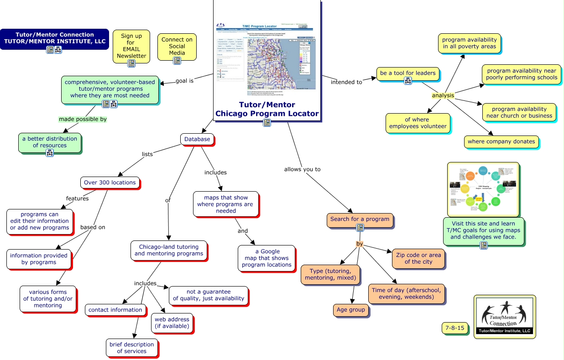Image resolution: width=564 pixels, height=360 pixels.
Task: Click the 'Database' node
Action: (x=197, y=139)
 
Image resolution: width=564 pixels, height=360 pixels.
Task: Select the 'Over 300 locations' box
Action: (x=110, y=183)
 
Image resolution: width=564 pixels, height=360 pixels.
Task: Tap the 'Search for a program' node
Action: (x=360, y=219)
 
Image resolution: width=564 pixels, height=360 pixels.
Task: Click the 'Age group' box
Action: (x=350, y=310)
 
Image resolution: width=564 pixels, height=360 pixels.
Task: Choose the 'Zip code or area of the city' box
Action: (x=418, y=258)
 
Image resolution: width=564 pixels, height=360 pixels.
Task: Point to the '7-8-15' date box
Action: (x=454, y=328)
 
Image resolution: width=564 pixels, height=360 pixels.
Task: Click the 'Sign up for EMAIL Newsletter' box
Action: (x=131, y=46)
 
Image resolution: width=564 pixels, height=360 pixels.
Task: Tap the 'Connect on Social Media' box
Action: (x=177, y=47)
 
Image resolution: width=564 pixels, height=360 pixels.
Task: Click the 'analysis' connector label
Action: (x=443, y=95)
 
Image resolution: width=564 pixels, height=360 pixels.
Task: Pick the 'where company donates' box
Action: (x=501, y=141)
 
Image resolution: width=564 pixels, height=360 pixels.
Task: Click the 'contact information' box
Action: (x=115, y=310)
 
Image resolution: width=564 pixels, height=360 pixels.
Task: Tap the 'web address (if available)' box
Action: (x=172, y=323)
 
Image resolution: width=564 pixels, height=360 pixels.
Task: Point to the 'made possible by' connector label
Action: (x=83, y=119)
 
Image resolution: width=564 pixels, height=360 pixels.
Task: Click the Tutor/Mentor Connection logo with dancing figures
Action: (x=504, y=317)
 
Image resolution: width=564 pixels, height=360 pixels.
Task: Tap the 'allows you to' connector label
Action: (x=302, y=169)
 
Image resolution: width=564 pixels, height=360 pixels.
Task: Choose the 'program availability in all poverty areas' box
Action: (x=469, y=43)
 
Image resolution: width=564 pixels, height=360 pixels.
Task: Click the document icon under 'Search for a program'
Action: (x=360, y=227)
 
